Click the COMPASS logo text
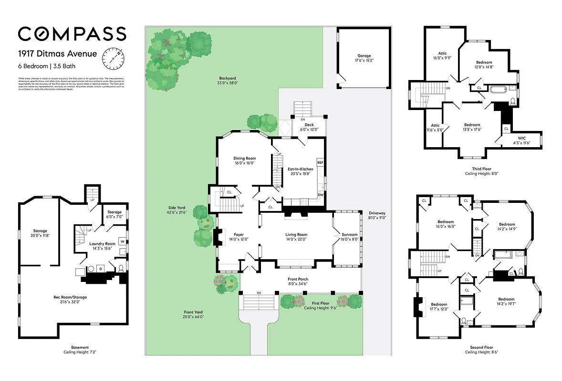(72, 33)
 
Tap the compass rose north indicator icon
(113, 59)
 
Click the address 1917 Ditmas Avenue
(51, 53)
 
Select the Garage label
(364, 56)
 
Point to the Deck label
(309, 125)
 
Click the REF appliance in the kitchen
(320, 162)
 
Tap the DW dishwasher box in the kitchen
(320, 195)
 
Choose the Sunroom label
(349, 234)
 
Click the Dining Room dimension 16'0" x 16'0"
(244, 163)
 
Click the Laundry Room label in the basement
(103, 244)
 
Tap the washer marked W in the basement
(122, 241)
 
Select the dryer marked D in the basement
(101, 270)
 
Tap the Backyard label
(228, 78)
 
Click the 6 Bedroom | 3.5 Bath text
(47, 66)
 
